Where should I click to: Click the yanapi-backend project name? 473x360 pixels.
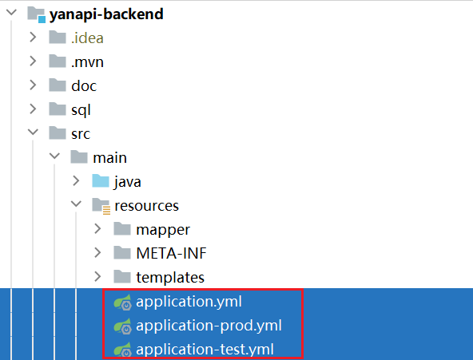tap(106, 14)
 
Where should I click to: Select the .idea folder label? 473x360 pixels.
tap(87, 38)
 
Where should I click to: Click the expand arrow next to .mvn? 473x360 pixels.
tap(33, 61)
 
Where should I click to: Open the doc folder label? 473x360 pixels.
tap(84, 86)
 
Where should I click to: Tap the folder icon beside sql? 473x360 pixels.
tap(58, 109)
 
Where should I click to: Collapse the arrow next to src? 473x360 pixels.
tap(33, 133)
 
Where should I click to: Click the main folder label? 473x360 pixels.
tap(109, 158)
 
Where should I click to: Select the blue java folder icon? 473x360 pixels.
tap(101, 181)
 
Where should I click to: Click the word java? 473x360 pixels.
tap(128, 182)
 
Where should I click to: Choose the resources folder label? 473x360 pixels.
tap(146, 206)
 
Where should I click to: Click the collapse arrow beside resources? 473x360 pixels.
tap(76, 204)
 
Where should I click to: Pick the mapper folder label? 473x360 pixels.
tap(163, 230)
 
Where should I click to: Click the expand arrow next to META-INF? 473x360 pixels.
tap(97, 252)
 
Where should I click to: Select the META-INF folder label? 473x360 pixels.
tap(171, 253)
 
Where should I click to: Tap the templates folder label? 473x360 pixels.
tap(170, 278)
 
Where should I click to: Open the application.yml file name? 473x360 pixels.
tap(189, 302)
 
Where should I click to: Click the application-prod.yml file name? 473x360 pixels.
tap(209, 326)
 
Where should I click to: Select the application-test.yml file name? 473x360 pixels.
tap(205, 350)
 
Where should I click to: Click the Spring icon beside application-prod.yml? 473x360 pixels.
tap(123, 326)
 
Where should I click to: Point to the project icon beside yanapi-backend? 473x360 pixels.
tap(37, 15)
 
